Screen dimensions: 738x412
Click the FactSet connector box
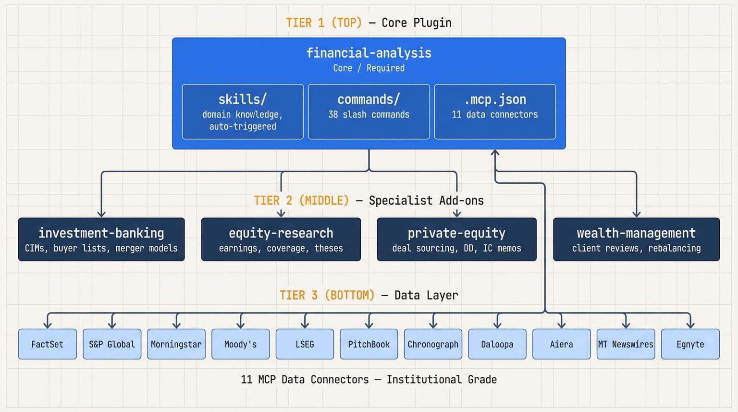[x=47, y=344]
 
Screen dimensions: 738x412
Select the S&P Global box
[x=112, y=344]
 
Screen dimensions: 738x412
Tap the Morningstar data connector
[x=176, y=344]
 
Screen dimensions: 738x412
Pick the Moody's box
[x=240, y=344]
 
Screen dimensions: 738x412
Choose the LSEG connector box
[x=305, y=344]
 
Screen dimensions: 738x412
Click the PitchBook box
[x=369, y=344]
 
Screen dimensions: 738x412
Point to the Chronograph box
[x=433, y=344]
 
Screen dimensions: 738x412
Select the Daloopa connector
[x=497, y=344]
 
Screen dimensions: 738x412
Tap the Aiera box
[x=561, y=344]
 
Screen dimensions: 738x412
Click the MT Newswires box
[x=626, y=344]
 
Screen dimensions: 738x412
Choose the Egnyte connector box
[x=690, y=344]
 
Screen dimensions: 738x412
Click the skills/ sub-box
[x=243, y=112]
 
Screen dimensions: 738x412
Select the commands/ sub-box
[x=369, y=112]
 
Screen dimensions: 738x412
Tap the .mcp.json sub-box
[x=495, y=112]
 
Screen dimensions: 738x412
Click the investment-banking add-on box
[x=101, y=239]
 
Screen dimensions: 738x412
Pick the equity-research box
[x=281, y=239]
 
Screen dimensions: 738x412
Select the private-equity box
[x=456, y=239]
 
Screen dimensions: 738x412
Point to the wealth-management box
[x=636, y=239]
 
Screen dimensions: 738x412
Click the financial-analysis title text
[x=369, y=53]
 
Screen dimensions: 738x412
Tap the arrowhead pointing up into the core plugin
[x=495, y=153]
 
